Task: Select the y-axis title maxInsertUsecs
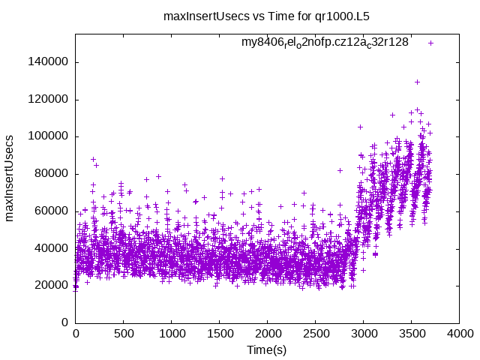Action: coord(10,178)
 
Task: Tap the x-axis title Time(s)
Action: coord(267,349)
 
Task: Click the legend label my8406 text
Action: coord(325,43)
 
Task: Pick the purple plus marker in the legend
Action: coord(430,43)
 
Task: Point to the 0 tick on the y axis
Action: coord(64,322)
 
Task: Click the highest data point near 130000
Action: coord(417,82)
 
